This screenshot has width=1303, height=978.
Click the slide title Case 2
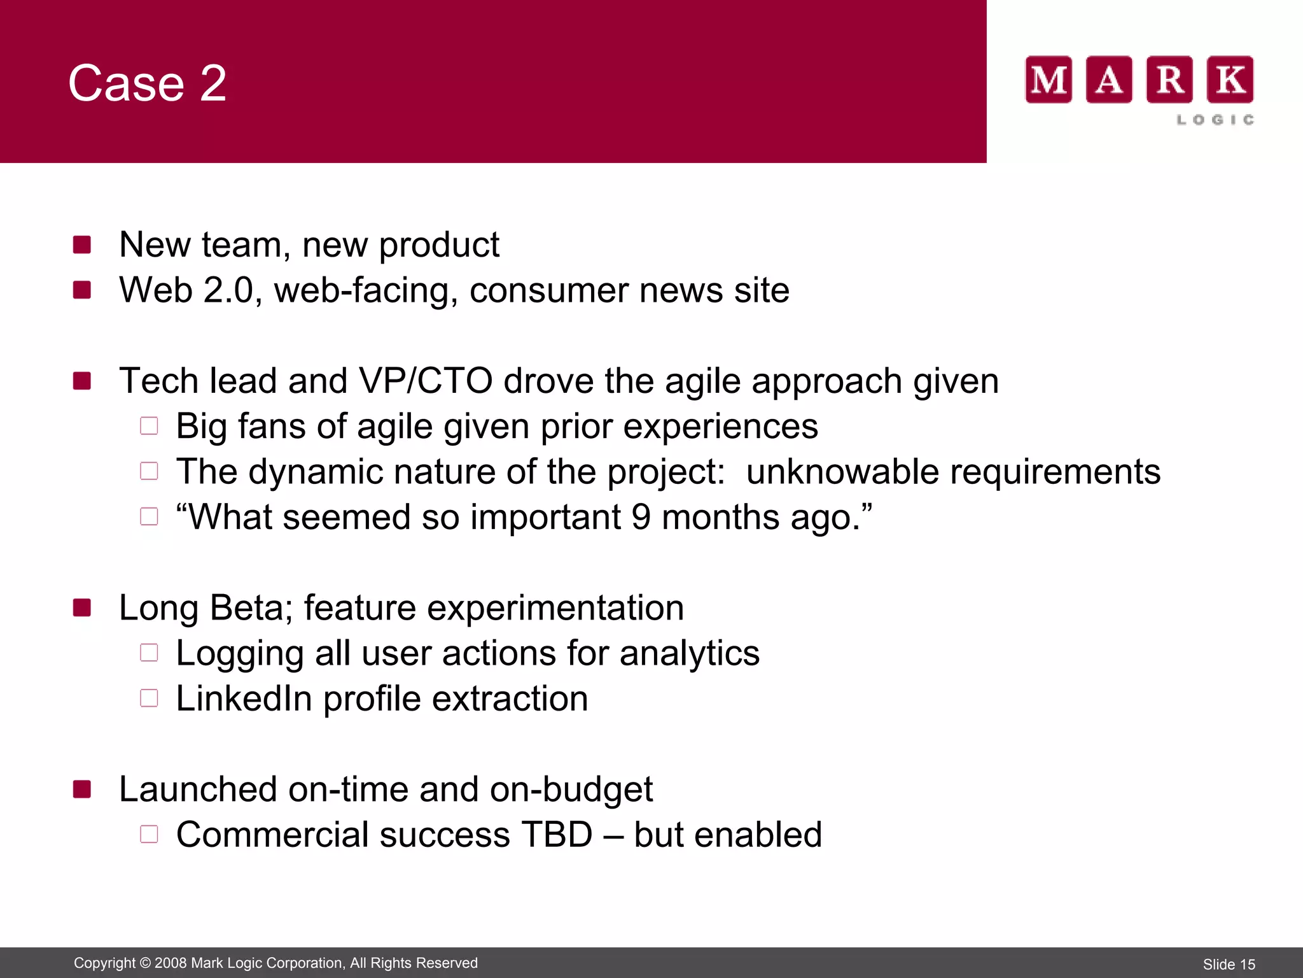point(147,83)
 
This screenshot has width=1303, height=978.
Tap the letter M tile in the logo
point(1049,80)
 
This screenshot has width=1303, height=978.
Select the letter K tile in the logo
point(1230,80)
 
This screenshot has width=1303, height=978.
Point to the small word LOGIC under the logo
point(1215,120)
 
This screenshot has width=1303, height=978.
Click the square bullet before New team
point(82,244)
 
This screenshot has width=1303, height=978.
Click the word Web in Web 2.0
point(156,290)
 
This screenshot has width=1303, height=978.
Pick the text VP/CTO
point(426,381)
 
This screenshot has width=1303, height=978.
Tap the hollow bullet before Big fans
point(149,426)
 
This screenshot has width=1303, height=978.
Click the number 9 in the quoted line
point(641,517)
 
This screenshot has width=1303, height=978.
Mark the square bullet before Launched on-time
point(82,790)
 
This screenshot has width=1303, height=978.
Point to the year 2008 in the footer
point(171,963)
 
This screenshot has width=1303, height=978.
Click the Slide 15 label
point(1229,965)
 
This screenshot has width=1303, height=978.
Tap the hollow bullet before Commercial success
point(149,834)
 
